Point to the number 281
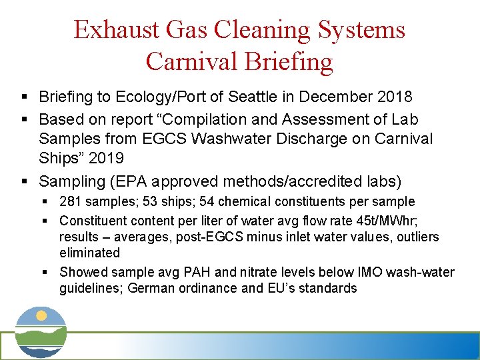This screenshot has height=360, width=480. [69, 201]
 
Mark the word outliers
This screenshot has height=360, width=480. [419, 237]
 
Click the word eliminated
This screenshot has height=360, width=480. [89, 253]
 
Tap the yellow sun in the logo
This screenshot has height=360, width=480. [41, 315]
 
